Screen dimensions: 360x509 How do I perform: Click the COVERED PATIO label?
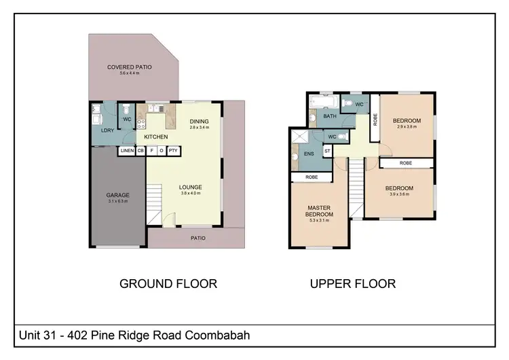click(129, 67)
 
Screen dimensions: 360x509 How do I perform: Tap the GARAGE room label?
click(117, 195)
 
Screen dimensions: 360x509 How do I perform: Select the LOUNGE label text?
click(191, 187)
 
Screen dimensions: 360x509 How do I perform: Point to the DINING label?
click(199, 122)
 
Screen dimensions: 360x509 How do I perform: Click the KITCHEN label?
click(155, 137)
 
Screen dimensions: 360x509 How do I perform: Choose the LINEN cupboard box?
click(127, 151)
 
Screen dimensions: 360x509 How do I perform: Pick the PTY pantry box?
click(173, 151)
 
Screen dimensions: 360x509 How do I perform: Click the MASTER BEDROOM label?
click(318, 211)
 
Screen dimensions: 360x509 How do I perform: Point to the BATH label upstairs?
click(330, 117)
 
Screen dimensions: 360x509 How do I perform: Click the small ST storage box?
click(327, 151)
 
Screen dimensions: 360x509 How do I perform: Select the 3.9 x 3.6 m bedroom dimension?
click(399, 194)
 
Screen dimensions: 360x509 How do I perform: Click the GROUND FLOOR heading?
click(168, 283)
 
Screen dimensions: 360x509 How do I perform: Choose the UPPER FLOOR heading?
click(352, 283)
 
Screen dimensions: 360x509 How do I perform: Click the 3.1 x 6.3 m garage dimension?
click(117, 201)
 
